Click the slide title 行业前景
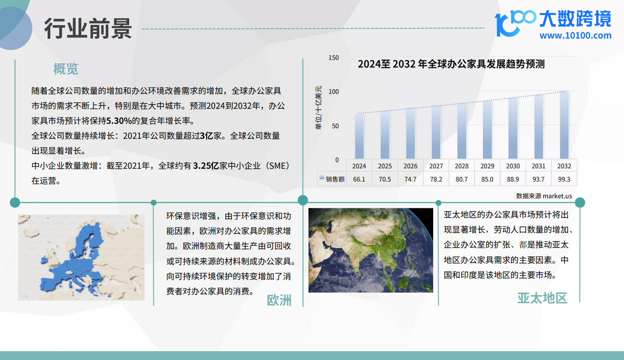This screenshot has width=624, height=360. (88, 28)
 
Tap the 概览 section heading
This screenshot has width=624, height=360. (66, 69)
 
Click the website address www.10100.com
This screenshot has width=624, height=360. (575, 35)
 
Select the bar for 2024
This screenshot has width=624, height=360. (359, 136)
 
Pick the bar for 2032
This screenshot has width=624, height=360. (564, 125)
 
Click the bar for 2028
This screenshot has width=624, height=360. (461, 131)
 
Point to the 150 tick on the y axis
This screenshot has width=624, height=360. (334, 58)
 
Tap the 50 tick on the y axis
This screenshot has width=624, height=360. (335, 126)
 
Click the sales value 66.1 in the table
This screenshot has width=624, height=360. (359, 179)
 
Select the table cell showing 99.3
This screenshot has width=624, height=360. (564, 179)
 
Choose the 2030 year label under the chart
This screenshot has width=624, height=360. (513, 166)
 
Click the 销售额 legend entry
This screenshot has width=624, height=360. (332, 179)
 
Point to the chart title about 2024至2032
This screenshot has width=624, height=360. (451, 64)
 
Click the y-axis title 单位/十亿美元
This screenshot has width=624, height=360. (319, 108)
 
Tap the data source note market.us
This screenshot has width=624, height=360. (544, 196)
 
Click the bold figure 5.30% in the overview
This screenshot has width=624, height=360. (119, 121)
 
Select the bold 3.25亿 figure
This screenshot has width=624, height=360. (206, 166)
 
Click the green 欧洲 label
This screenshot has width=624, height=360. (279, 300)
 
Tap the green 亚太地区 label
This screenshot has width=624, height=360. (542, 298)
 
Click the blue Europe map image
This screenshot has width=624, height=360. (82, 257)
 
